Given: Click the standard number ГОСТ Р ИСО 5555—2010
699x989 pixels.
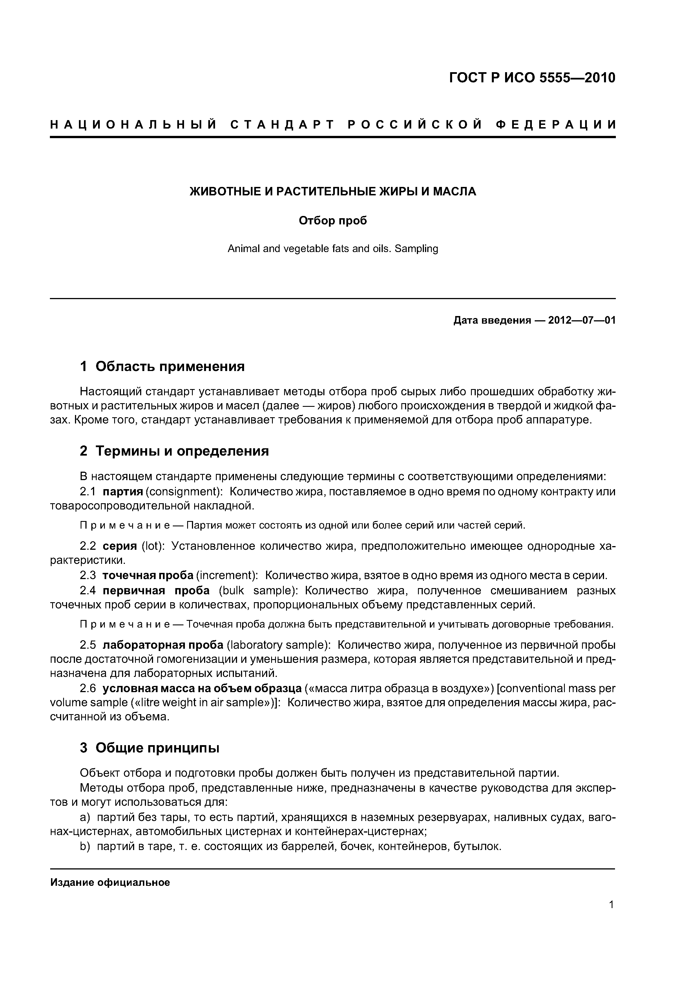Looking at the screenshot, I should (x=532, y=78).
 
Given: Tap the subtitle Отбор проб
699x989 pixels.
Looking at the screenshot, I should (x=333, y=220).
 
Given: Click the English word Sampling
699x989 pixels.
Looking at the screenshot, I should (x=416, y=249).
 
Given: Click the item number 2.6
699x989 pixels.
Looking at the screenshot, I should (x=88, y=688).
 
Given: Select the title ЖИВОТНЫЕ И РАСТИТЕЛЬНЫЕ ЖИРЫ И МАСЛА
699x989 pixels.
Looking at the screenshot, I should (x=333, y=192).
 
